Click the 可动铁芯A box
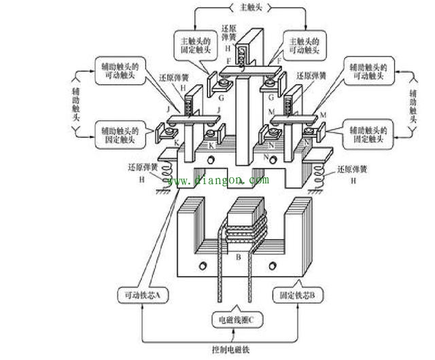pyautogui.click(x=144, y=295)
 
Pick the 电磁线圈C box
pyautogui.click(x=236, y=318)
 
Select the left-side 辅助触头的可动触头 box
pyautogui.click(x=120, y=71)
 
